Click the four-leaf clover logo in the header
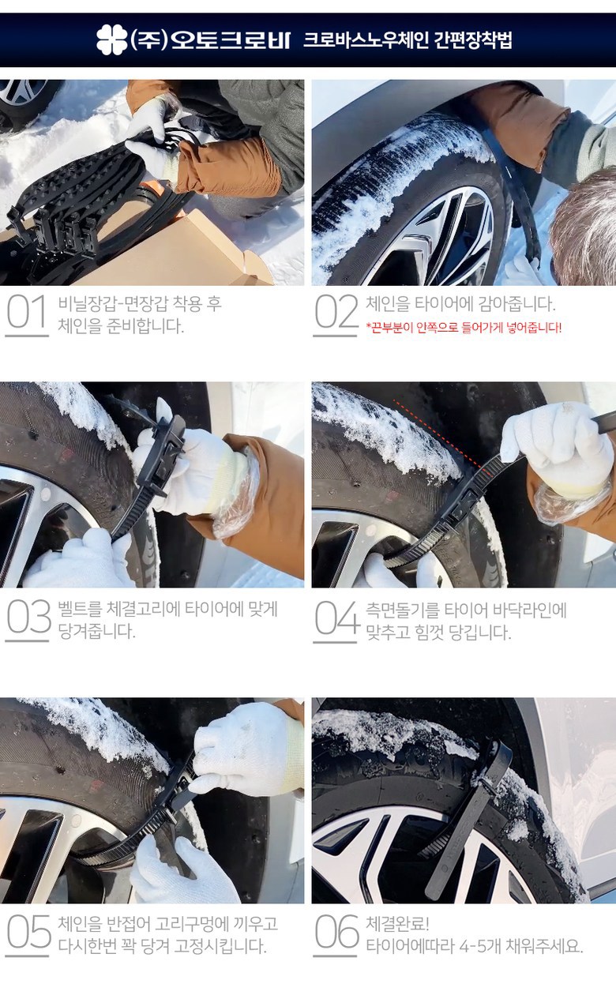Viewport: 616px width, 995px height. [112, 39]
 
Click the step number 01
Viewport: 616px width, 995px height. [27, 312]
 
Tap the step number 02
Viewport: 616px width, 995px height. [336, 312]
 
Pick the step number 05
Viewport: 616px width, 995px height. [28, 932]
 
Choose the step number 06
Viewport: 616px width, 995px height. [336, 932]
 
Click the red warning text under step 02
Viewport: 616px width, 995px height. [464, 328]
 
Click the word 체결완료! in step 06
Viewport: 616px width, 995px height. [397, 924]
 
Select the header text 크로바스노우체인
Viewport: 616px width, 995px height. [366, 40]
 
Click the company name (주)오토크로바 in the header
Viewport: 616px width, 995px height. [209, 39]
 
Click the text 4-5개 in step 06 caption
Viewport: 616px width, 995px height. [478, 946]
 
